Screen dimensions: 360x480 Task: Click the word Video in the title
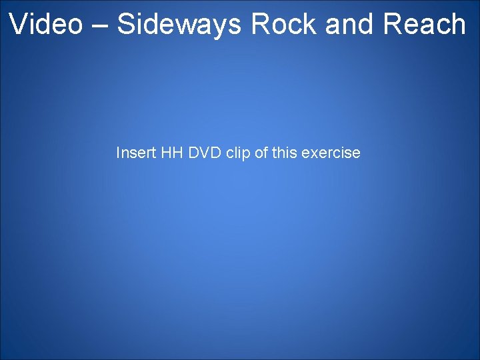click(x=46, y=25)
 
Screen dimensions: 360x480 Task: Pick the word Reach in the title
click(x=425, y=25)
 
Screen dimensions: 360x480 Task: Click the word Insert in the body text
click(x=136, y=153)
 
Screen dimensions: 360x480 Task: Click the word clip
click(x=238, y=153)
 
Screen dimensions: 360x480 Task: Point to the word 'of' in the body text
click(x=261, y=153)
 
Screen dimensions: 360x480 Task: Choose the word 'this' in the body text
click(x=285, y=153)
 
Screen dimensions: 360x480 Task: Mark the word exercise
click(x=331, y=153)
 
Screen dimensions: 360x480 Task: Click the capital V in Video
click(x=18, y=25)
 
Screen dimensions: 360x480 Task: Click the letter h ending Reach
click(x=458, y=25)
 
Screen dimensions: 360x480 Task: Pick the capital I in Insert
click(x=118, y=153)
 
